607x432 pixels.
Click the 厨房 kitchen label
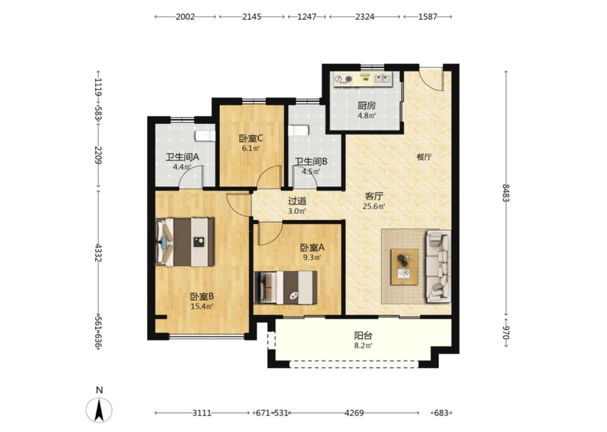point(366,105)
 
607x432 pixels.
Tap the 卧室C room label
point(251,138)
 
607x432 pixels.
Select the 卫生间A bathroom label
point(182,157)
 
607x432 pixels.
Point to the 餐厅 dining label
point(424,157)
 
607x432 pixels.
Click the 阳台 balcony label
point(363,336)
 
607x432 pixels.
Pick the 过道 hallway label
point(297,201)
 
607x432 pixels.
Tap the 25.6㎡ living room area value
point(373,206)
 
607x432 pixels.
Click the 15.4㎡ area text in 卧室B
point(202,307)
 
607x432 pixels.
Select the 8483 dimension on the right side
point(506,193)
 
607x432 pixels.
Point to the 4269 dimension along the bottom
point(354,413)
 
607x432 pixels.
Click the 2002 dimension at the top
point(185,17)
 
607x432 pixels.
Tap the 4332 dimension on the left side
point(98,253)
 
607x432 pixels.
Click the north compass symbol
point(99,409)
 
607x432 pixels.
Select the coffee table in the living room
point(405,267)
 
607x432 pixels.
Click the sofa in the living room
point(439,266)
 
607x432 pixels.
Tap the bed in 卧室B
point(185,242)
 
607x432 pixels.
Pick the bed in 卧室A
point(285,287)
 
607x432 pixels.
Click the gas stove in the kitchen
point(344,79)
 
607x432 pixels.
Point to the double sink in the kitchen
point(383,79)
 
